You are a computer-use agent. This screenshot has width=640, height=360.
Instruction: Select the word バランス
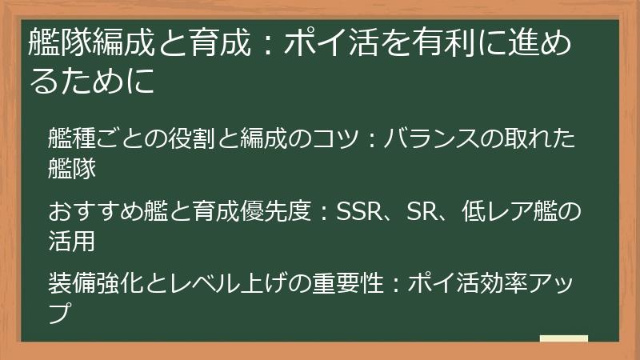[435, 138]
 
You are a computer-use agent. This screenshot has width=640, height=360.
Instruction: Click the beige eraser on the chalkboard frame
[563, 339]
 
